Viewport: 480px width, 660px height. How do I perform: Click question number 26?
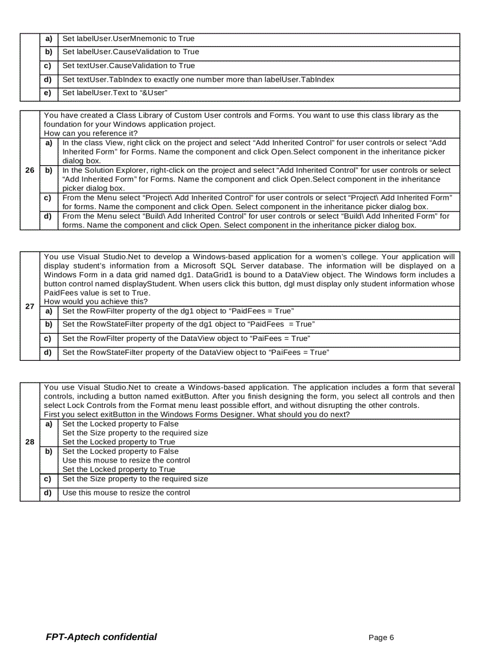pyautogui.click(x=29, y=170)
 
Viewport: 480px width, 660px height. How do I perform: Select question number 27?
pyautogui.click(x=29, y=306)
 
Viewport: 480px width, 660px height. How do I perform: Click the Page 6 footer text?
pyautogui.click(x=381, y=638)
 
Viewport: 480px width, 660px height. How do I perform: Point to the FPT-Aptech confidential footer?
pyautogui.click(x=101, y=637)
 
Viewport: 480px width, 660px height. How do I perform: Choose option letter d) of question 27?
pyautogui.click(x=49, y=352)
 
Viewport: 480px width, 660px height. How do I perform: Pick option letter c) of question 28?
pyautogui.click(x=49, y=479)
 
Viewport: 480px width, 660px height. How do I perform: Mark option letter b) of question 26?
pyautogui.click(x=49, y=170)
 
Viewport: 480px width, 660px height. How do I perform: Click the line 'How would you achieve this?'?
pyautogui.click(x=96, y=301)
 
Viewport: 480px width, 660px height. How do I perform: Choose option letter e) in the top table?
pyautogui.click(x=49, y=93)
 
